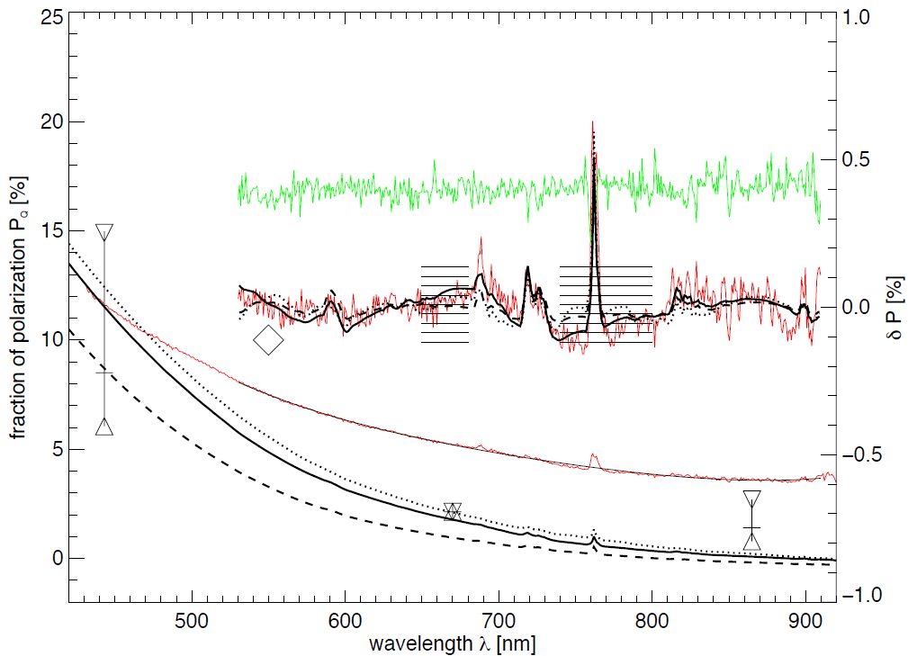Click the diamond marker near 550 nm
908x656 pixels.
coord(268,340)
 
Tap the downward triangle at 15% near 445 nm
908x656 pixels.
coord(104,231)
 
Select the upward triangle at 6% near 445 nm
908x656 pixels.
coord(104,426)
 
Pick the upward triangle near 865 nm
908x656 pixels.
coord(752,540)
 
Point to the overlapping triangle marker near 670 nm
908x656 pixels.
coord(453,511)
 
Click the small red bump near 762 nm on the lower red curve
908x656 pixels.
coord(593,459)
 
